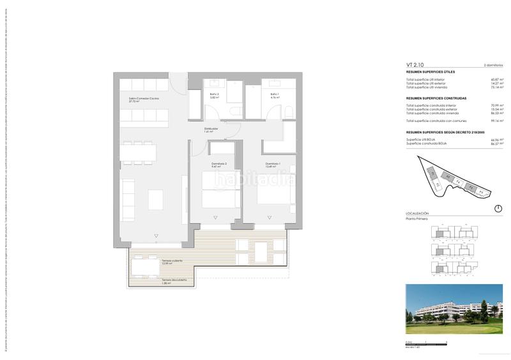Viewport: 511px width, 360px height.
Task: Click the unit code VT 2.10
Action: tap(415, 65)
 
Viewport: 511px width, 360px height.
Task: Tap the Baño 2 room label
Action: tap(214, 94)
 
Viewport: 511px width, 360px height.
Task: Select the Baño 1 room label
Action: tap(274, 94)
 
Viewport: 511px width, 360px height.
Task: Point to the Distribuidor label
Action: tap(211, 130)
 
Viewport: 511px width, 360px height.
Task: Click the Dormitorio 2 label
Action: tap(219, 165)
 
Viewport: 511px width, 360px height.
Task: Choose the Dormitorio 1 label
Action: tap(273, 165)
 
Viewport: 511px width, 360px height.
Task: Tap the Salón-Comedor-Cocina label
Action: tap(143, 99)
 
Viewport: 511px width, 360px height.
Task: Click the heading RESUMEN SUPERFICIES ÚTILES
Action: tap(431, 72)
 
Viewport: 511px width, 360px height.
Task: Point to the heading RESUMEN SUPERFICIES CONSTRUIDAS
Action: tap(436, 98)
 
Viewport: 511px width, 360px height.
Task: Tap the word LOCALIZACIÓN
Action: tap(418, 213)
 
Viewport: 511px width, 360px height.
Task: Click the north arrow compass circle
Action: tap(498, 209)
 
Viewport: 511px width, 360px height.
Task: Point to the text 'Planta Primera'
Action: tap(417, 218)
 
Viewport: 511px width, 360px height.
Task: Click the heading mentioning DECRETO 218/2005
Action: tap(441, 131)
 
